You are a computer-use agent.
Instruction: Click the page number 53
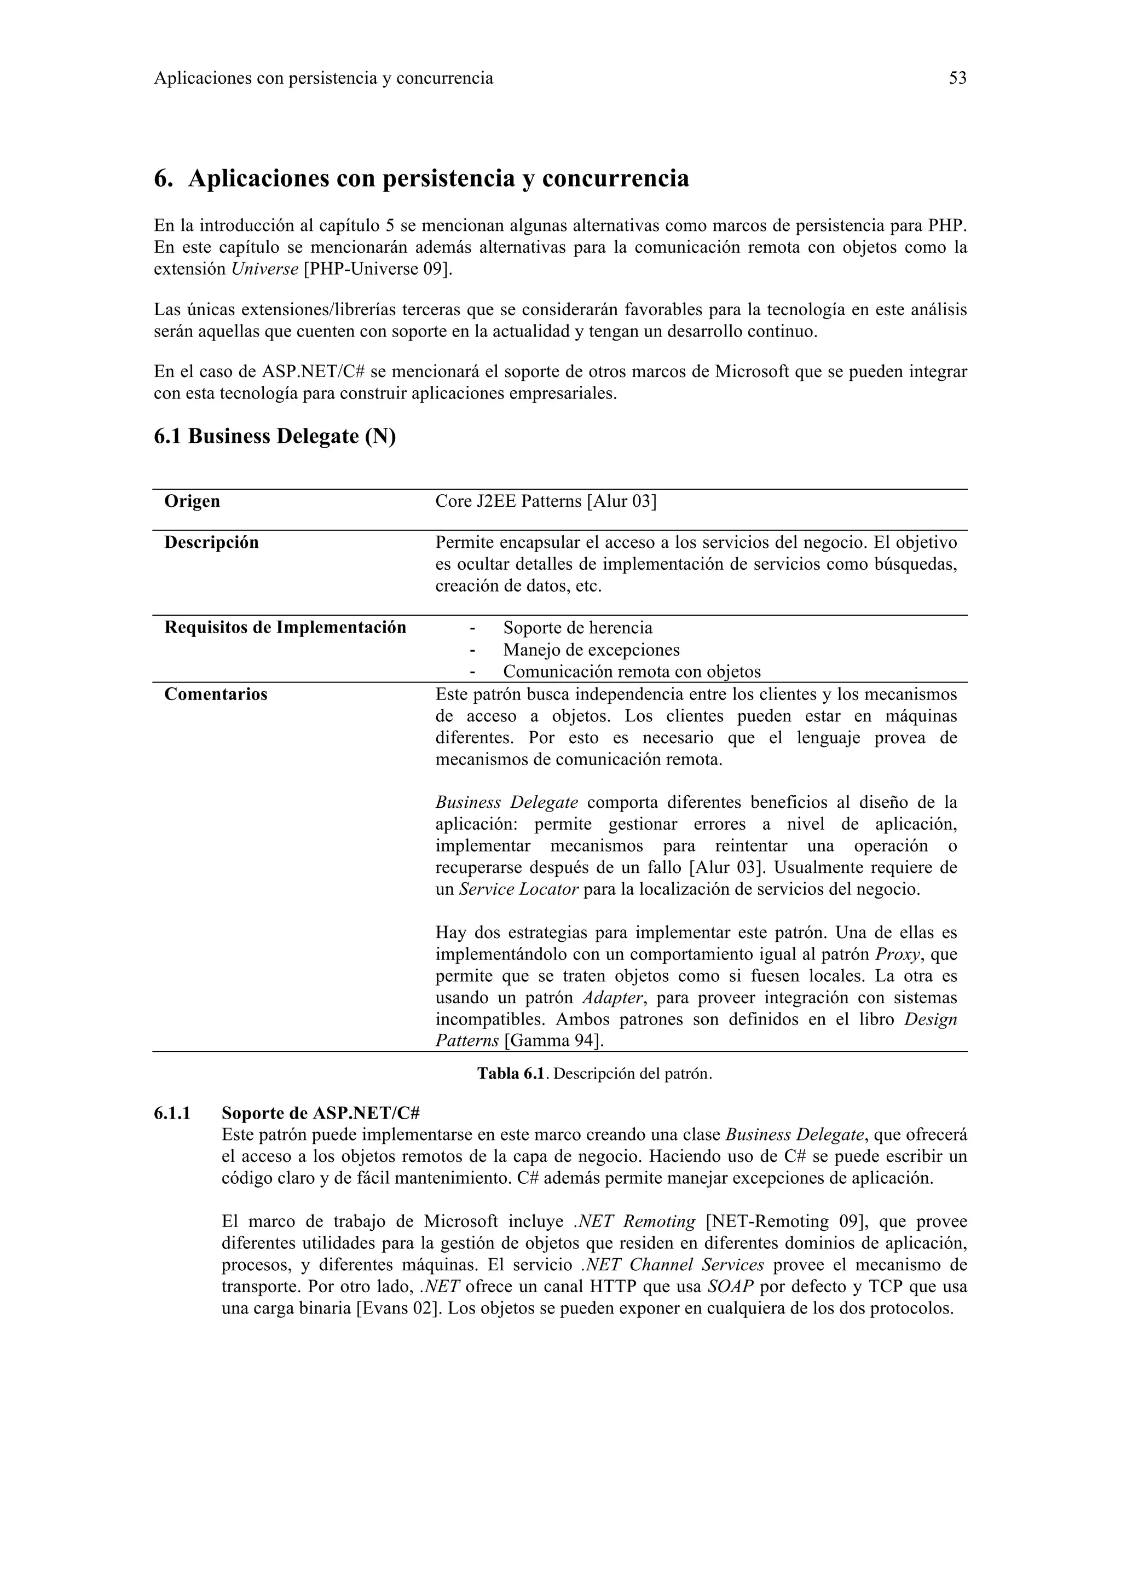pyautogui.click(x=957, y=78)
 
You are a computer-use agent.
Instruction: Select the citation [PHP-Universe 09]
pyautogui.click(x=378, y=269)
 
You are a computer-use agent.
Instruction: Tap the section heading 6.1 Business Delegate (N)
pyautogui.click(x=274, y=437)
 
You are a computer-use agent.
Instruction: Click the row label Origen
pyautogui.click(x=192, y=501)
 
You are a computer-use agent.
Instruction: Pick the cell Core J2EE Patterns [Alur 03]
pyautogui.click(x=546, y=501)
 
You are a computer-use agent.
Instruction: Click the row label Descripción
pyautogui.click(x=211, y=543)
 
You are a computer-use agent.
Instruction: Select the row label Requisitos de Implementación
pyautogui.click(x=285, y=628)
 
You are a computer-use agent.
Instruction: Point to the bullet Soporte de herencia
pyautogui.click(x=577, y=628)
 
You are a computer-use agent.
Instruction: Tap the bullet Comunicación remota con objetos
pyautogui.click(x=631, y=672)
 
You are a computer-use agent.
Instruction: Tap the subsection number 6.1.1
pyautogui.click(x=172, y=1114)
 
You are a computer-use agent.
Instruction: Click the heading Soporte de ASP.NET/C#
pyautogui.click(x=321, y=1114)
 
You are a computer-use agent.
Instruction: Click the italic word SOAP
pyautogui.click(x=730, y=1287)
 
